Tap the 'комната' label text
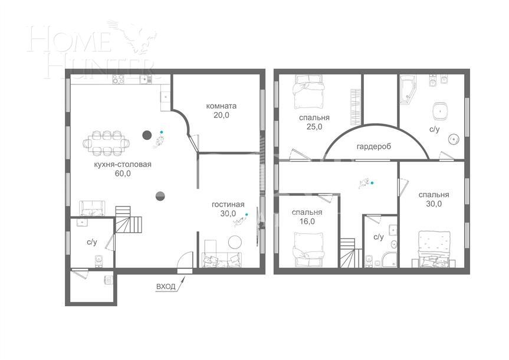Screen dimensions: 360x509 pyautogui.click(x=221, y=106)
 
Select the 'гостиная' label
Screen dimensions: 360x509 pyautogui.click(x=224, y=204)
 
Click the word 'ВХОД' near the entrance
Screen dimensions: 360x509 pyautogui.click(x=166, y=286)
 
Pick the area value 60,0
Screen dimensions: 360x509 pyautogui.click(x=123, y=174)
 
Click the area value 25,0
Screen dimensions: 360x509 pyautogui.click(x=314, y=127)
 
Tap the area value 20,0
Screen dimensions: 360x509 pyautogui.click(x=221, y=116)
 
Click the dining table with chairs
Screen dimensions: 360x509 pyautogui.click(x=108, y=142)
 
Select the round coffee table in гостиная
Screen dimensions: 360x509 pyautogui.click(x=235, y=242)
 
